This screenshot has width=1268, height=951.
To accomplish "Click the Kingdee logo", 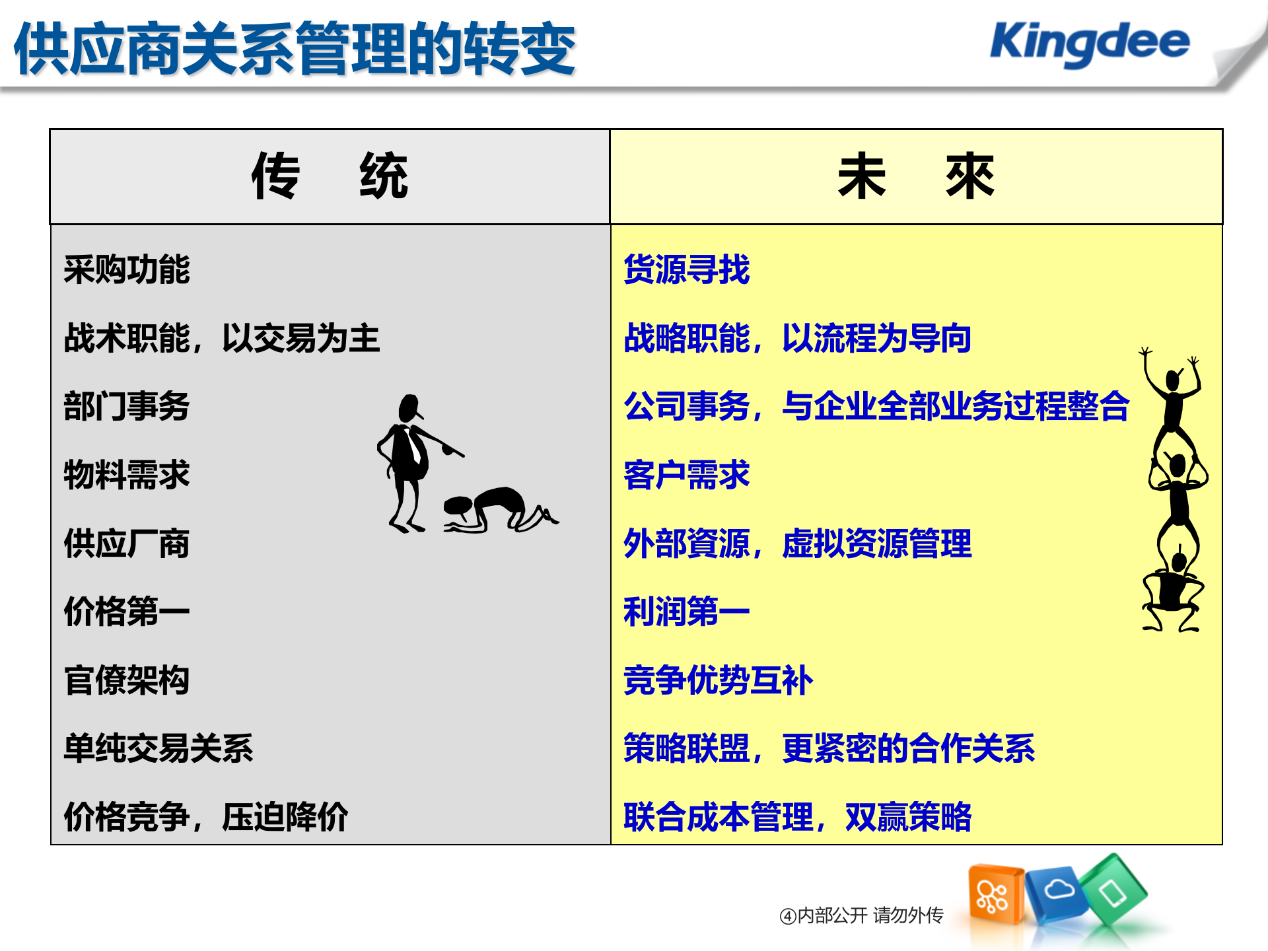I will [x=1089, y=43].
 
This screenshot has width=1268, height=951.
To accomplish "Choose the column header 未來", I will [x=915, y=176].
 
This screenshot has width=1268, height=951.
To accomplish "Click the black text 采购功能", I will [x=127, y=270].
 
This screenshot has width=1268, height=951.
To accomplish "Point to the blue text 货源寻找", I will [x=686, y=270].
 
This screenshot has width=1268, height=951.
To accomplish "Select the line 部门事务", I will [x=127, y=406].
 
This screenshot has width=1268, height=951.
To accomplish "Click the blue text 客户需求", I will [x=686, y=475].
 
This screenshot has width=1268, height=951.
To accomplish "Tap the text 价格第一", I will [x=127, y=612].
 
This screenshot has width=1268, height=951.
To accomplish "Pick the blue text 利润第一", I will [x=686, y=612].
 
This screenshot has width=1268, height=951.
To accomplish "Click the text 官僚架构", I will [x=127, y=680].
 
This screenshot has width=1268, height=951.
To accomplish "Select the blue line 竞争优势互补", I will [x=718, y=680].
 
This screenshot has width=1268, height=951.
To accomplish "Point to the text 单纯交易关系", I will [x=158, y=749].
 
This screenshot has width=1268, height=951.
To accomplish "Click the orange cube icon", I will [x=994, y=895].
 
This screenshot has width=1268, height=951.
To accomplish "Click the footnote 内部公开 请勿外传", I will [x=861, y=915].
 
